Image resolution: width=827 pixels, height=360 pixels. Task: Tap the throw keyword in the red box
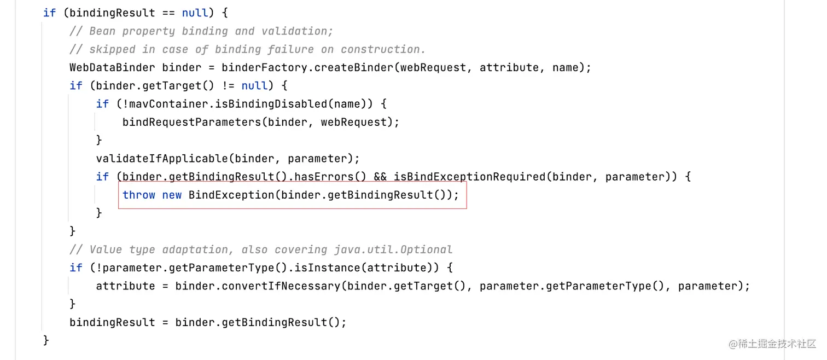pos(139,195)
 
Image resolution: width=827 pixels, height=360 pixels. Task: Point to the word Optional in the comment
pos(426,249)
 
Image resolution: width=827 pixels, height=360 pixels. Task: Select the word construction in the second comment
pos(383,49)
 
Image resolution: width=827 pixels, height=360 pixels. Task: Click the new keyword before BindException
pos(172,195)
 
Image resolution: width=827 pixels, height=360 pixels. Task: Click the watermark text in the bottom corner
pos(772,344)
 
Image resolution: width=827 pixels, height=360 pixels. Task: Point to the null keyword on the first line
pos(195,13)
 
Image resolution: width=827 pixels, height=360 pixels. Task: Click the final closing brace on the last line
pos(46,340)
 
